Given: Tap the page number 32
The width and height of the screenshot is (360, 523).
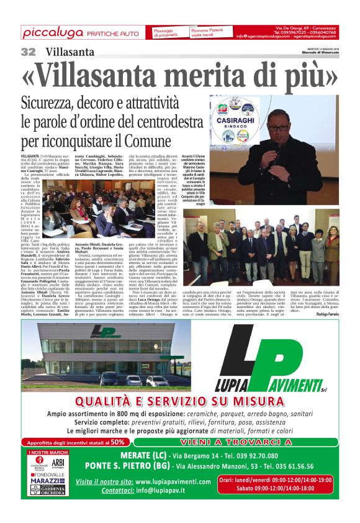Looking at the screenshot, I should pyautogui.click(x=28, y=52).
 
